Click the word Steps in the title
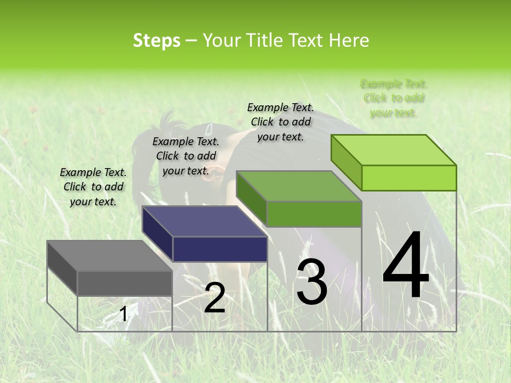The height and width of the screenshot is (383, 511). tap(156, 40)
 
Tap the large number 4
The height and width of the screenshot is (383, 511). tap(406, 265)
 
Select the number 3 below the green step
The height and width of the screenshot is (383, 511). tap(311, 282)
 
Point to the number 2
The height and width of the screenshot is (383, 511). tap(215, 298)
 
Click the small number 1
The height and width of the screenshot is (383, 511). tap(123, 314)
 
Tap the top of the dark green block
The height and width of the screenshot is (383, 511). tap(299, 186)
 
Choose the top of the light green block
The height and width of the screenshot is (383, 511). tap(394, 150)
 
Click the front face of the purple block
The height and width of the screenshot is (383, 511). tap(220, 249)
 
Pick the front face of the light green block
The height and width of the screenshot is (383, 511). tap(409, 178)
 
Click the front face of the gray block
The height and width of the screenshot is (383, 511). tap(125, 283)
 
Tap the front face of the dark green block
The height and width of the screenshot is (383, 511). tap(314, 214)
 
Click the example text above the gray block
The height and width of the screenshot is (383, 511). tap(93, 187)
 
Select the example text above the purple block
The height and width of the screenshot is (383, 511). tap(186, 156)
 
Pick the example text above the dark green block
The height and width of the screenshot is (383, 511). tap(281, 122)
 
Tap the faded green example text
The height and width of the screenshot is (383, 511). tap(394, 98)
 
